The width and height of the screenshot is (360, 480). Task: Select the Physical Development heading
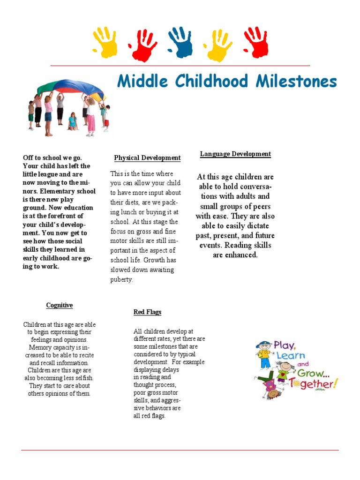click(147, 158)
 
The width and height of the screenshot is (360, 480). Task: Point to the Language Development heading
click(235, 154)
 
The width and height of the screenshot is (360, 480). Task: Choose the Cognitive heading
click(60, 305)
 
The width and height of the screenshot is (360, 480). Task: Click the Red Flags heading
click(147, 312)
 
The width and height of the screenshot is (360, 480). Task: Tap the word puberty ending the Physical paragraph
click(121, 279)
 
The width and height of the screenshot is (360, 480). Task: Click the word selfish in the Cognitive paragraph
click(80, 378)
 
